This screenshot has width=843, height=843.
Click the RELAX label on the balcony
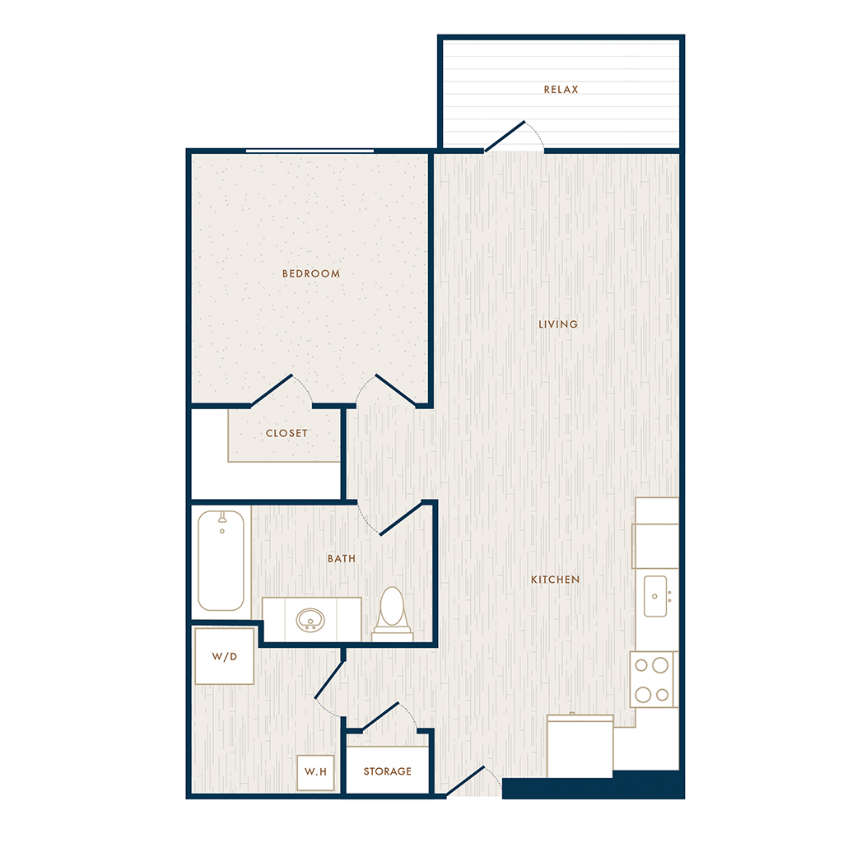(561, 89)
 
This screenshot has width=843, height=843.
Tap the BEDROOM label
(310, 273)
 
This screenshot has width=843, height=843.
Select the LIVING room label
(558, 324)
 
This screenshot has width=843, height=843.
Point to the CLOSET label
(286, 433)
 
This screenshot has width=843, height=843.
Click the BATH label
(342, 559)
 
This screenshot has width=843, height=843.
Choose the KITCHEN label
(556, 580)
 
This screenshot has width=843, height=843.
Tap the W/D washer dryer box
(224, 656)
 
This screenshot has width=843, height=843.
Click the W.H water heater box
(315, 772)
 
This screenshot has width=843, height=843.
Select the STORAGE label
(388, 771)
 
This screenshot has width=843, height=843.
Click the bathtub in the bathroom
(221, 561)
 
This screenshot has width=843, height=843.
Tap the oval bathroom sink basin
(310, 620)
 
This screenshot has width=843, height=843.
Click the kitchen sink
(655, 596)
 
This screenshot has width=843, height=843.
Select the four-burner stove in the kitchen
(653, 679)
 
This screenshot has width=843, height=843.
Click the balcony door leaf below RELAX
(505, 137)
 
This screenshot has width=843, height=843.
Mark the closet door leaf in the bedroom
(272, 390)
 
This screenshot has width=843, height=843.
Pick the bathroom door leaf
(400, 519)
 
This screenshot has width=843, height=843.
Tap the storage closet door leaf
(380, 717)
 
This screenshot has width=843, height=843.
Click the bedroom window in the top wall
(310, 151)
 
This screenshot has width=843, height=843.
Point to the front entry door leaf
(465, 781)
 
